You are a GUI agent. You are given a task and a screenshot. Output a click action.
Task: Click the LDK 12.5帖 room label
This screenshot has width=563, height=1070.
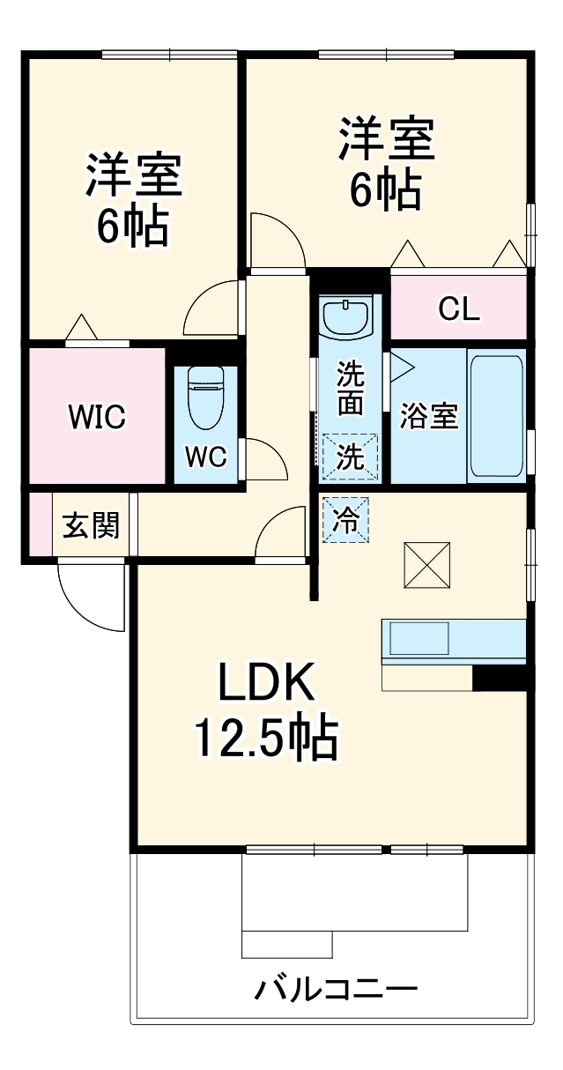click(x=265, y=710)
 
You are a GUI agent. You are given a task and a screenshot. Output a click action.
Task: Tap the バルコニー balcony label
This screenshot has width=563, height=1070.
click(x=336, y=988)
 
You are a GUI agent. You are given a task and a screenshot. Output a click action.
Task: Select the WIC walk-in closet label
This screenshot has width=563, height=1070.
click(x=97, y=417)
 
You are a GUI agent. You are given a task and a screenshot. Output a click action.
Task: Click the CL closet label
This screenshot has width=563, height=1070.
click(x=458, y=308)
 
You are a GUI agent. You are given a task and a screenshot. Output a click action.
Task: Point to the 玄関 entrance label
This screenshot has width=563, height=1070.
click(x=91, y=526)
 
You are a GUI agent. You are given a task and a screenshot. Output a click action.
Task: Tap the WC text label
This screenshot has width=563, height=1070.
click(x=205, y=457)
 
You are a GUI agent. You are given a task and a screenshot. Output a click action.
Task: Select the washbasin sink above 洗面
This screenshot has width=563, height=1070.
click(x=348, y=318)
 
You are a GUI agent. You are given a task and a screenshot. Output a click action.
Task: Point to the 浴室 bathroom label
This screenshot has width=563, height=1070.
click(x=428, y=416)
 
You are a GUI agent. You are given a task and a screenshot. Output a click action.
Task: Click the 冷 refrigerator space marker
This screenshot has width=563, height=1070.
click(x=347, y=521)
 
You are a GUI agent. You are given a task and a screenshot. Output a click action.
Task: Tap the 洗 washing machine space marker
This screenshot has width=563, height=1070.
click(x=349, y=457)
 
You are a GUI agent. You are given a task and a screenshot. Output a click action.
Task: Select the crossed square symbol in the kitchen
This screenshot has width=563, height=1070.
click(x=426, y=564)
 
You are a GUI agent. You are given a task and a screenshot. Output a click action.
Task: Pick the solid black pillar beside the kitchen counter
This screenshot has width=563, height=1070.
click(x=499, y=677)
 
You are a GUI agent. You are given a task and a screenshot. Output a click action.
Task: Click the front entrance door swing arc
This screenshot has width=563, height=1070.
click(x=88, y=598)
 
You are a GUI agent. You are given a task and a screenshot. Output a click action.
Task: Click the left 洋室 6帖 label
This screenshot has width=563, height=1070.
click(x=133, y=201)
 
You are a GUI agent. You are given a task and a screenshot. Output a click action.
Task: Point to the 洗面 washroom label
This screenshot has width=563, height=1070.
click(x=349, y=388)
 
